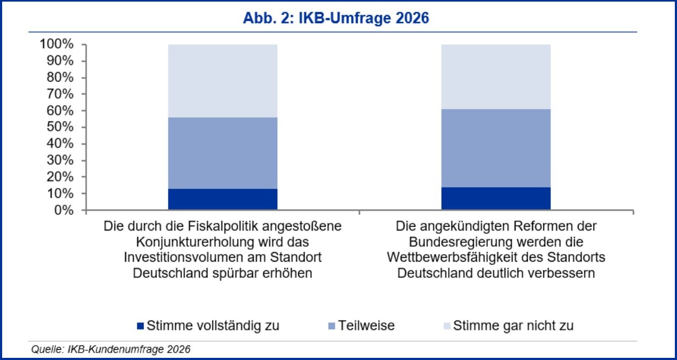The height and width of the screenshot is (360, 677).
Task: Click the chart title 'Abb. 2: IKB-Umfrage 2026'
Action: pyautogui.click(x=336, y=18)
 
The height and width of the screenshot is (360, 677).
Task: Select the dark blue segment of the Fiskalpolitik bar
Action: pyautogui.click(x=222, y=199)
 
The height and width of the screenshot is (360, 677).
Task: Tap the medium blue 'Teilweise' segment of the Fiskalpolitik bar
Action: pyautogui.click(x=222, y=153)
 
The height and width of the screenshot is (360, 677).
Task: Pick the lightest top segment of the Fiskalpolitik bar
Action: pyautogui.click(x=222, y=81)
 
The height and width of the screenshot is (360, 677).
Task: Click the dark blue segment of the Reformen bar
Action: pyautogui.click(x=496, y=198)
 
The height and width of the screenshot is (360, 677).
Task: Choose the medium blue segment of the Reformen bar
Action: pyautogui.click(x=496, y=148)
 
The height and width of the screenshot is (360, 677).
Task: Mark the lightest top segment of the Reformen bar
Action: pyautogui.click(x=496, y=76)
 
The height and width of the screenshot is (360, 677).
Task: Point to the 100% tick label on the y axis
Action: pyautogui.click(x=56, y=45)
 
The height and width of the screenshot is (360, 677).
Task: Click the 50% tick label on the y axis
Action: pyautogui.click(x=60, y=127)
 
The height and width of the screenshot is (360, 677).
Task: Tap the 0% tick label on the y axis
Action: pyautogui.click(x=63, y=210)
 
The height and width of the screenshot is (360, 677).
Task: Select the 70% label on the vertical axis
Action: pyautogui.click(x=60, y=94)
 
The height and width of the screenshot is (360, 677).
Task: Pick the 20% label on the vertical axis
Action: pyautogui.click(x=60, y=177)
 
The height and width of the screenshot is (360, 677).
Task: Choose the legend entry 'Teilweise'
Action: pyautogui.click(x=366, y=326)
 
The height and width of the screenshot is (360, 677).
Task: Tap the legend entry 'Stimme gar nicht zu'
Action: pyautogui.click(x=514, y=326)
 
